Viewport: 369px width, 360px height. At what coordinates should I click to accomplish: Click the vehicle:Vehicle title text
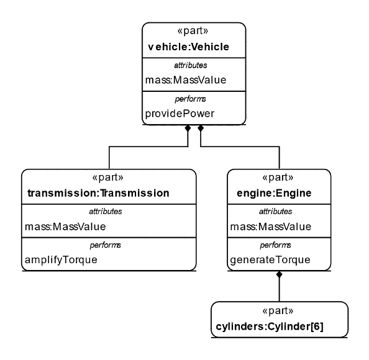188,47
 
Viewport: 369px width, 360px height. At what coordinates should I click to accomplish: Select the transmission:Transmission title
98,193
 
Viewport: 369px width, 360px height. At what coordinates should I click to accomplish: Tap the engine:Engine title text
274,193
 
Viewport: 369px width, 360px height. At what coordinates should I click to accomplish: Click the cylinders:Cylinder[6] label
270,326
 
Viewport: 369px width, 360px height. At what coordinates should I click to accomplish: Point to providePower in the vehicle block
180,114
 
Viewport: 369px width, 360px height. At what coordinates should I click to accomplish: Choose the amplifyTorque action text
61,260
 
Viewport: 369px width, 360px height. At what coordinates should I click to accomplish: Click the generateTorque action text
270,260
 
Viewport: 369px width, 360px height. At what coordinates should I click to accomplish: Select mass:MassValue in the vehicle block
186,80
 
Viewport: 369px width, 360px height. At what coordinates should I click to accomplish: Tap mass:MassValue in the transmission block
65,227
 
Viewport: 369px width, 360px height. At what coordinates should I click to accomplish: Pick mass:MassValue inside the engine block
271,227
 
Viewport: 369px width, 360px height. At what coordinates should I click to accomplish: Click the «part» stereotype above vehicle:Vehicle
193,31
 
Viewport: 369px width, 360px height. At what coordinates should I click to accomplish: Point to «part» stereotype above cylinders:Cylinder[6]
278,310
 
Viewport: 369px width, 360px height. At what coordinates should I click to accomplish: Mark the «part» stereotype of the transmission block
108,178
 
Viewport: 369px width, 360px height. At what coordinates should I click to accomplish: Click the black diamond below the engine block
280,274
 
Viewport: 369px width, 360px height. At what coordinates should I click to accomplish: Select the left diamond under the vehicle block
188,128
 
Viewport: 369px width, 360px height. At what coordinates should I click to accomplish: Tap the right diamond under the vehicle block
201,128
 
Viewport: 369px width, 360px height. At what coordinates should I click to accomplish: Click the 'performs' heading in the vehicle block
190,99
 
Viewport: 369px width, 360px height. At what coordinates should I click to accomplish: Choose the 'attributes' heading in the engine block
276,212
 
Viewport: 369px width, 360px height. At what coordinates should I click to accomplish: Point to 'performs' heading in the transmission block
105,245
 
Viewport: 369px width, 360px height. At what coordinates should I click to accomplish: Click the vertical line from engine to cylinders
280,290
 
